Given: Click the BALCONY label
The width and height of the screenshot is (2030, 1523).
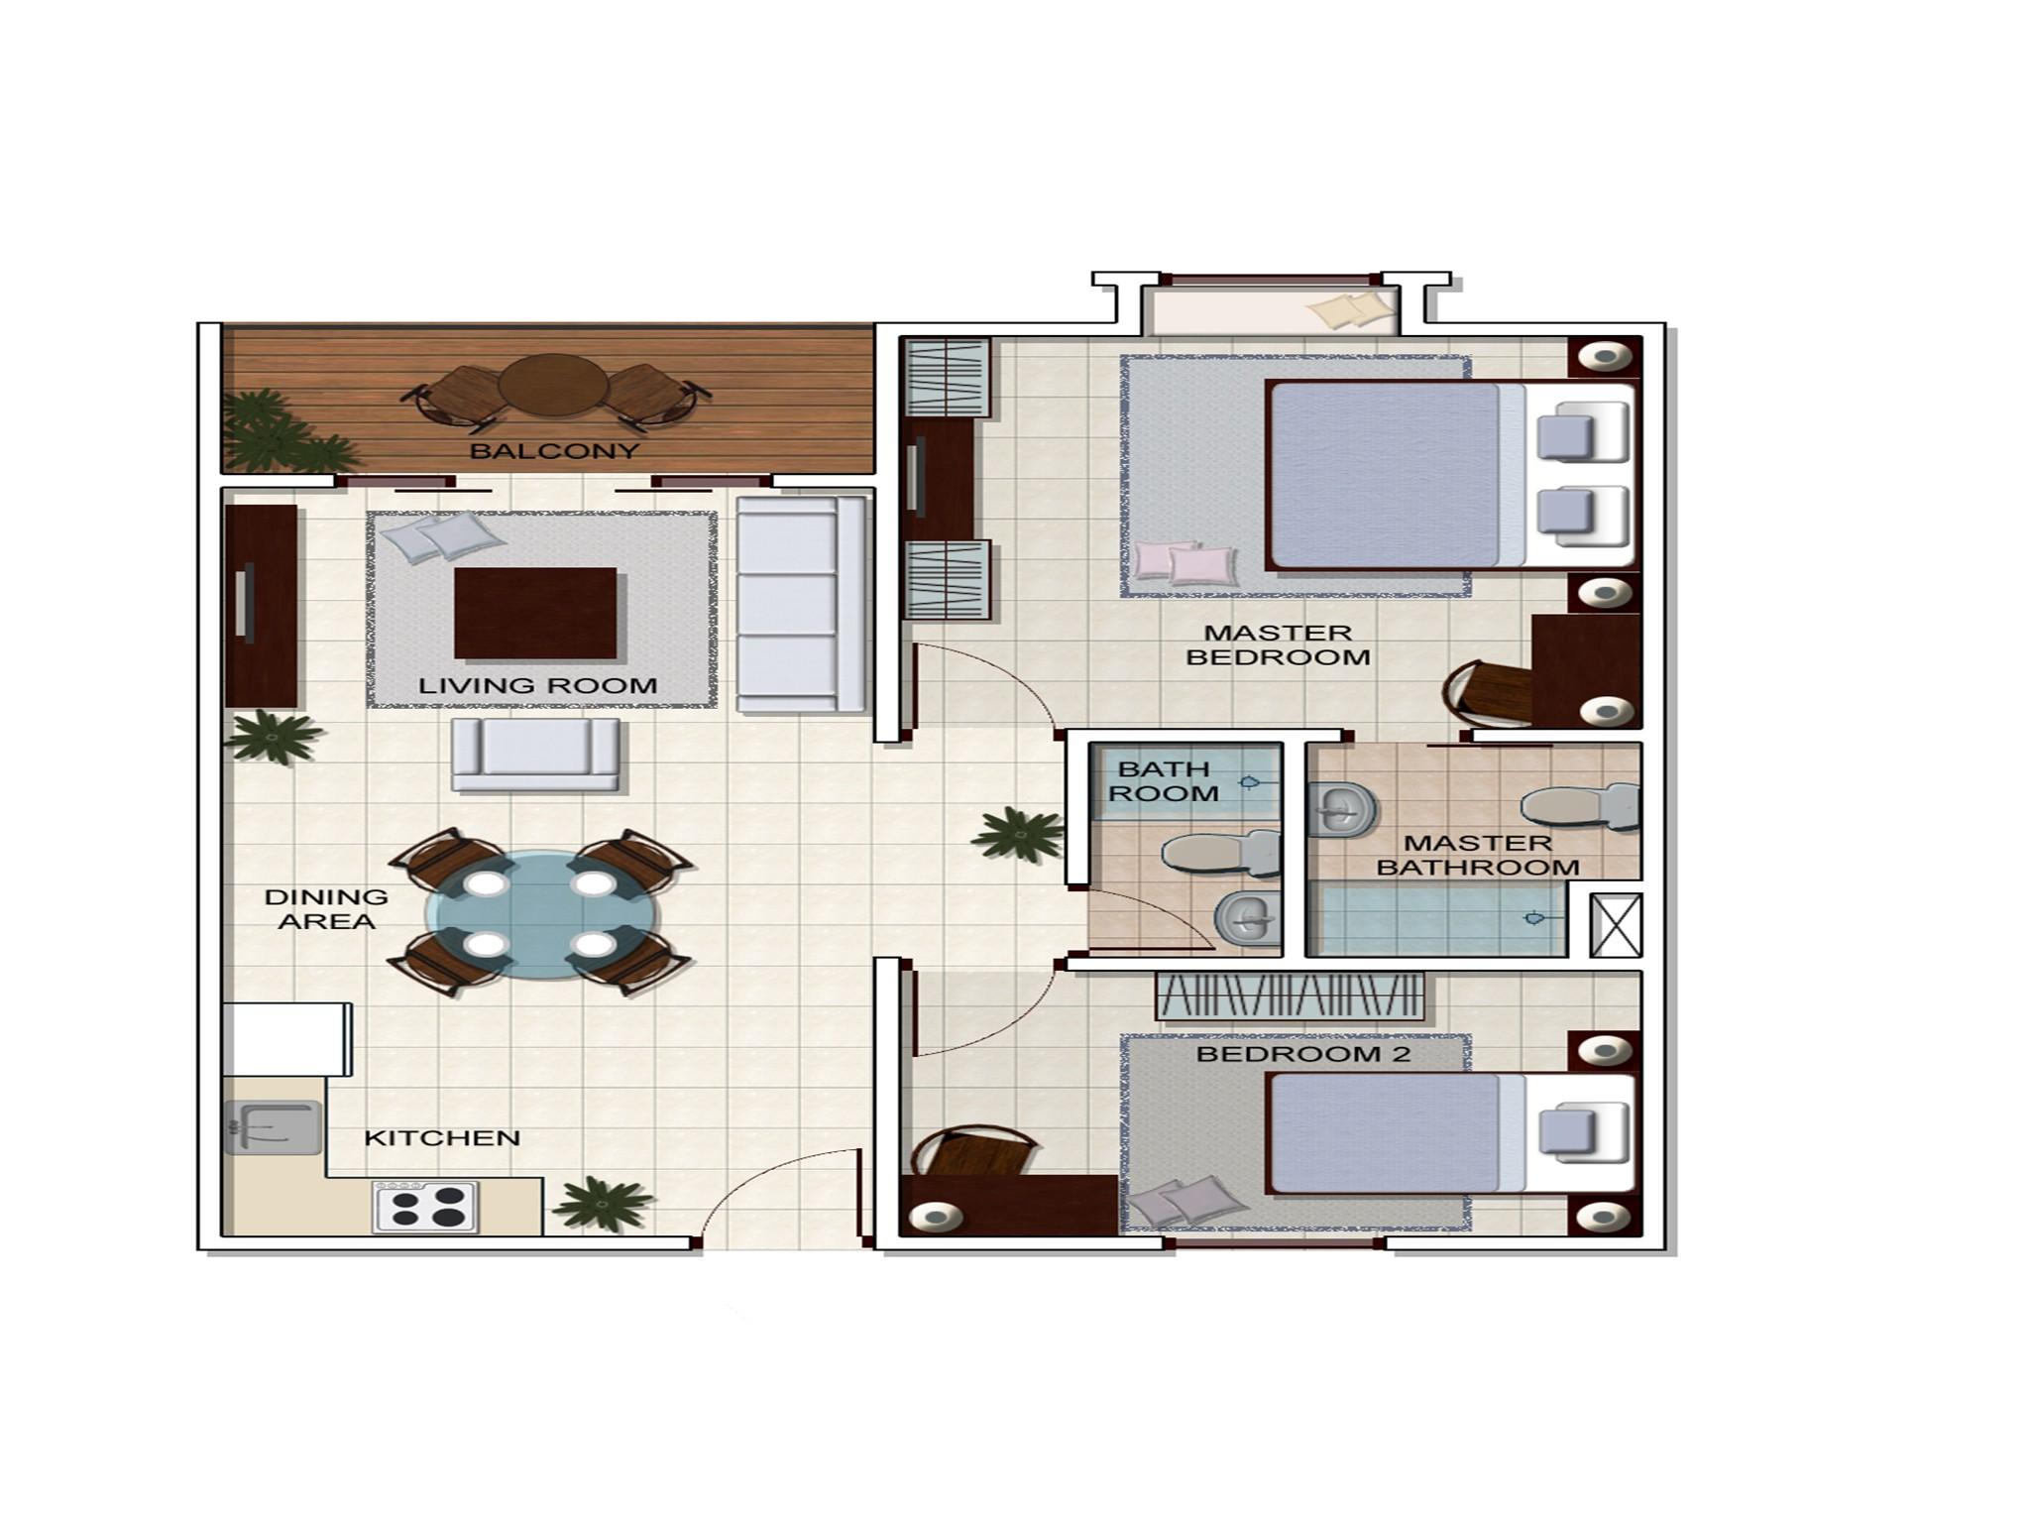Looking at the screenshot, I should pyautogui.click(x=554, y=451).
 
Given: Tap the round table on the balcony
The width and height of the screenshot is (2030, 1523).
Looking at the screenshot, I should pyautogui.click(x=553, y=385).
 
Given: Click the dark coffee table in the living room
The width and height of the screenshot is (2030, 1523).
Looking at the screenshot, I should pyautogui.click(x=535, y=613).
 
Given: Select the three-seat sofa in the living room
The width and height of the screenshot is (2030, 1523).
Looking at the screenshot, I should pyautogui.click(x=800, y=604).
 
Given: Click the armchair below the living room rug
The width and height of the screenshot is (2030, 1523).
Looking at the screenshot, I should pyautogui.click(x=535, y=755).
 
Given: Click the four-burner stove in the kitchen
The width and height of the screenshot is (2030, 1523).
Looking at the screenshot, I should pyautogui.click(x=425, y=1207).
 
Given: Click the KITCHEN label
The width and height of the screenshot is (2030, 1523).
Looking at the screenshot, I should pyautogui.click(x=442, y=1138).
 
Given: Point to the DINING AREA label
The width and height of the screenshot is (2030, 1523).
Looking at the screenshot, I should pyautogui.click(x=326, y=909).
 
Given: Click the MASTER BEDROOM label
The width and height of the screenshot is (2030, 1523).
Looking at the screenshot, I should pyautogui.click(x=1278, y=644).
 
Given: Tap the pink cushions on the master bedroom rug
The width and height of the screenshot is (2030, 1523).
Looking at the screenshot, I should pyautogui.click(x=1185, y=562).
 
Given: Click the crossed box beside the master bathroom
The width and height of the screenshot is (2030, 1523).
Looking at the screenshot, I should pyautogui.click(x=1616, y=925).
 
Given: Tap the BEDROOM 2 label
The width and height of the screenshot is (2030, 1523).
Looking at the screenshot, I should pyautogui.click(x=1302, y=1054).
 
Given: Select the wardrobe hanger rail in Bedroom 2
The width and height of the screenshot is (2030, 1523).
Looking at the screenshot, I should pyautogui.click(x=1290, y=996).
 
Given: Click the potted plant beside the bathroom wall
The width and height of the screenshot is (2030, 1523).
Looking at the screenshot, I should pyautogui.click(x=1019, y=834).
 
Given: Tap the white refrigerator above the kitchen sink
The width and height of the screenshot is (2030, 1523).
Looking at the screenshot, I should pyautogui.click(x=286, y=1039).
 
